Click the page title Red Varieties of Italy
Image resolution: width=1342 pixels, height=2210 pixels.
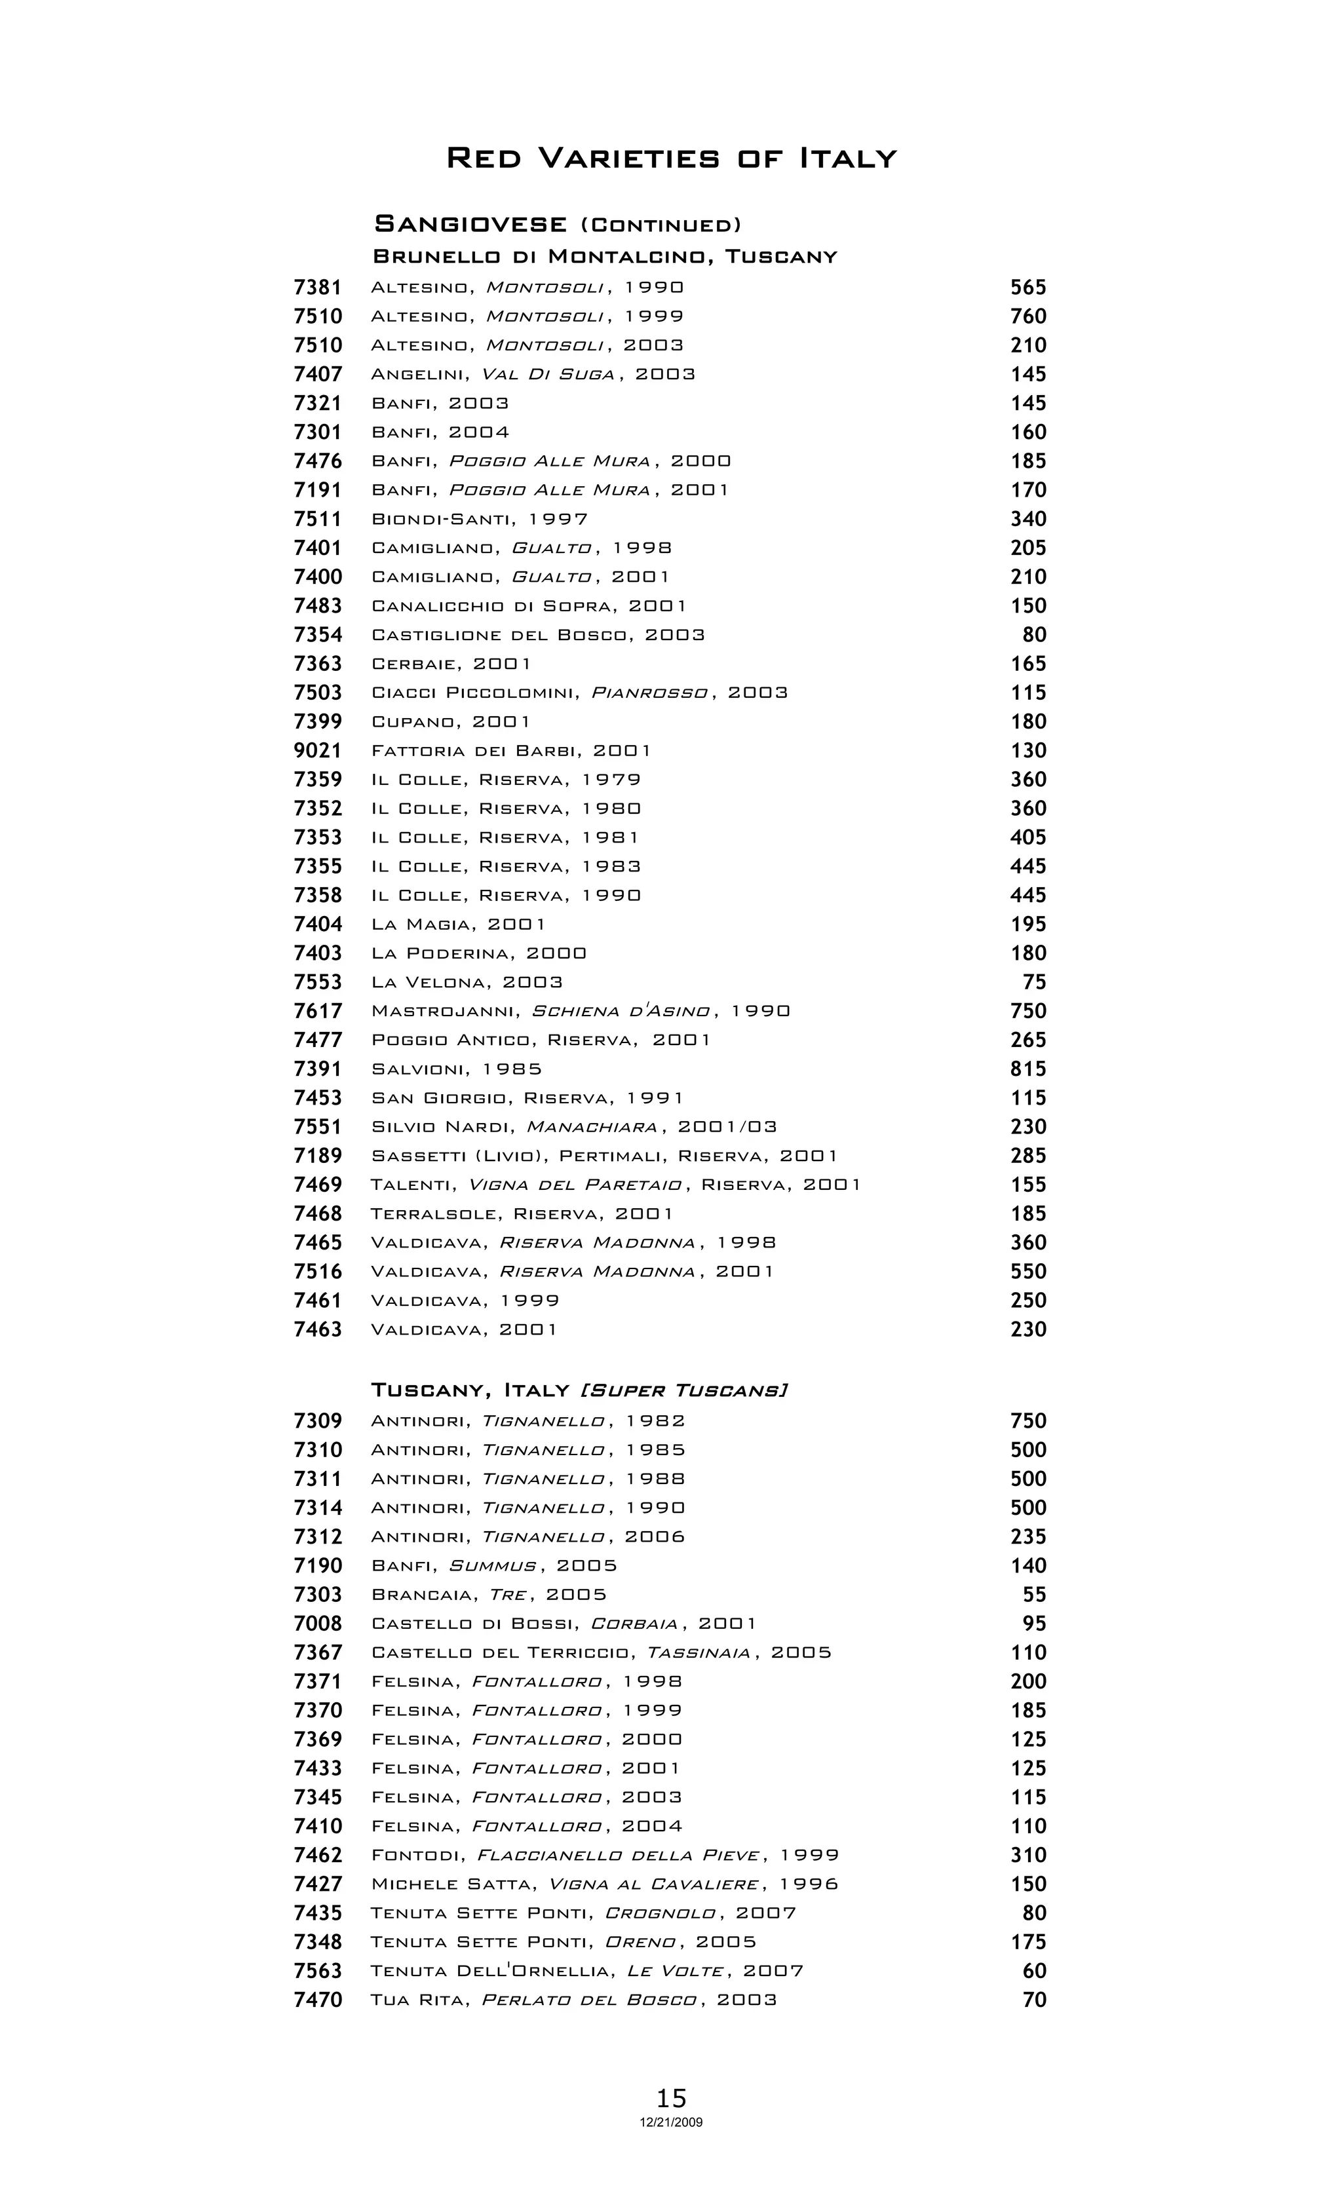671,159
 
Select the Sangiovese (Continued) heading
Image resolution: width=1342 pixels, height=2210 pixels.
557,223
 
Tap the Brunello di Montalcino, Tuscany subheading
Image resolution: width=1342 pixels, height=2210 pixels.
605,257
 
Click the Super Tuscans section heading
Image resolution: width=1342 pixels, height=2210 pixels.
579,1390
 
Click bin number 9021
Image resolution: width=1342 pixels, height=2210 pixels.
318,751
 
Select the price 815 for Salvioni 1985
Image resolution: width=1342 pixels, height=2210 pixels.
1028,1069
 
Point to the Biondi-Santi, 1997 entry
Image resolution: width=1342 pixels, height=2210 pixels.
480,520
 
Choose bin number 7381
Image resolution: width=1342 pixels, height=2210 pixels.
318,288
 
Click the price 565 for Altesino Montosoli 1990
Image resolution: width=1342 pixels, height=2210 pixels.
1028,288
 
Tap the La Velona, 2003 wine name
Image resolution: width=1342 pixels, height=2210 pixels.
467,982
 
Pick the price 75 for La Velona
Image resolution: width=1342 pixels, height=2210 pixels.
1034,982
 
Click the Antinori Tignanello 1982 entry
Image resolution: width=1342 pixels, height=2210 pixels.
528,1420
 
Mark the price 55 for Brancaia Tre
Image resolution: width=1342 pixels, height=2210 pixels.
1034,1595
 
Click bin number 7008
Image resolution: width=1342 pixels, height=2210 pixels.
318,1624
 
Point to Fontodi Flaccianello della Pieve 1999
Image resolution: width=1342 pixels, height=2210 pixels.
605,1855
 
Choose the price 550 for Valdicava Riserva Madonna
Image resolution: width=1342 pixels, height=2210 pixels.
1028,1272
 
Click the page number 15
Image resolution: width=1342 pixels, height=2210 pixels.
671,2098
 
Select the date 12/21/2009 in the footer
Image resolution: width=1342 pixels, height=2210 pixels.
671,2122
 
